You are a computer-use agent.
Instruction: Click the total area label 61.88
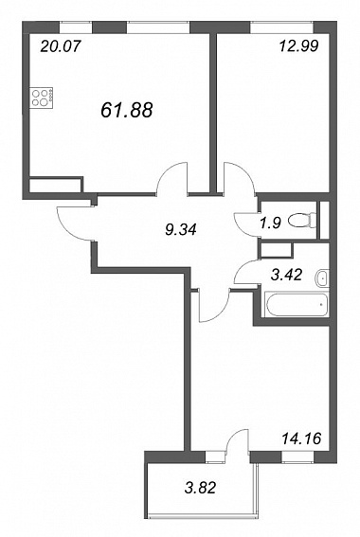click(127, 110)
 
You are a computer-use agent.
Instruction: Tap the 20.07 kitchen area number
click(60, 45)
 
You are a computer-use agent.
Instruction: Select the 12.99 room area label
click(299, 45)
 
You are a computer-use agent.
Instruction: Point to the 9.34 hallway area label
click(181, 229)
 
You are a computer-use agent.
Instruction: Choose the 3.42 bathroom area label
click(286, 275)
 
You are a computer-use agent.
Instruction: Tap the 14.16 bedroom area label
click(301, 438)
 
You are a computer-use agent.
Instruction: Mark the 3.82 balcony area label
click(201, 488)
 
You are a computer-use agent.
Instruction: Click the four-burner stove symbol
click(42, 98)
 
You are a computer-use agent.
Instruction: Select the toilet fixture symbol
click(302, 221)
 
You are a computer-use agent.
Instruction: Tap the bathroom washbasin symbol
click(322, 277)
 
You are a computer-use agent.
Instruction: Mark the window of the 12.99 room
click(281, 27)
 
